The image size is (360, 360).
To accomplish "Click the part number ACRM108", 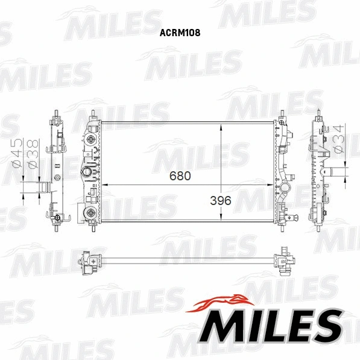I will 179,34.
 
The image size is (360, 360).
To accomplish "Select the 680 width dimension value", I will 180,177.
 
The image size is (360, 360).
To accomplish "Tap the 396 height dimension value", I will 221,200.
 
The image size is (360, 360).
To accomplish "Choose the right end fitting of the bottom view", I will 284,261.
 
